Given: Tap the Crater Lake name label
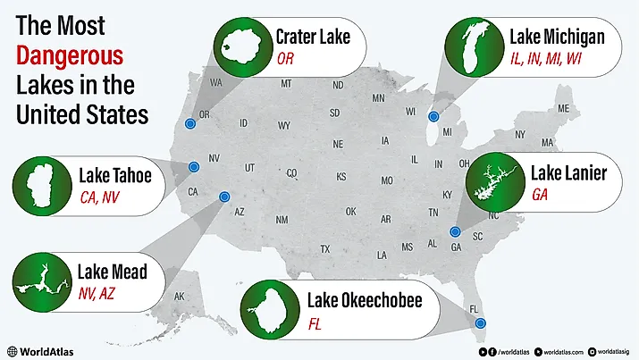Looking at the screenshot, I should point(313,37).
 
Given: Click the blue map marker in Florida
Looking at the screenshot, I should point(480,322).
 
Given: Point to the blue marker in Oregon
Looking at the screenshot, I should point(189,124).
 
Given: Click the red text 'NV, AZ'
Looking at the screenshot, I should point(97,293).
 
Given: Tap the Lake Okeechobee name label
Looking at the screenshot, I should point(364,300).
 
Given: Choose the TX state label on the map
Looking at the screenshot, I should point(325,248).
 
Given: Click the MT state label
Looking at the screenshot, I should point(286,84).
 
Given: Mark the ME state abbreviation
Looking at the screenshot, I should point(563,109).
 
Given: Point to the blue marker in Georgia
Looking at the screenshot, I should point(455,231).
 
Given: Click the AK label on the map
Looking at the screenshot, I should point(179,297).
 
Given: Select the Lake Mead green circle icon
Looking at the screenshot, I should point(40,281).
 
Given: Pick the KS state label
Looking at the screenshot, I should point(341,177).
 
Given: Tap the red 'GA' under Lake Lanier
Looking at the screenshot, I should point(540,194).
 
